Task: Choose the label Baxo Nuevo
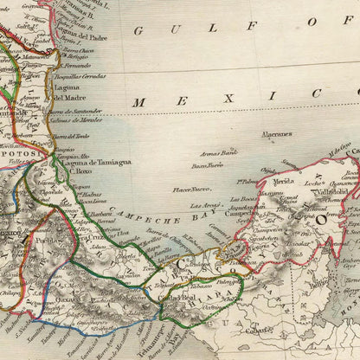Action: pos(207,164)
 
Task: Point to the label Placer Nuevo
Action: pos(192,188)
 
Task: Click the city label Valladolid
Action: pos(332,191)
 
